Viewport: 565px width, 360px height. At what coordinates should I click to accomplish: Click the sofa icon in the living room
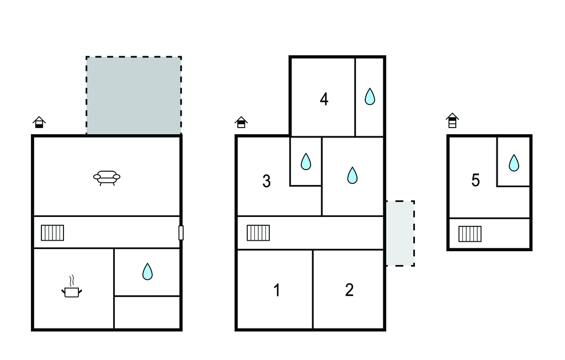[106, 178]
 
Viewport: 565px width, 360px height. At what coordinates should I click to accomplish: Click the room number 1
[277, 290]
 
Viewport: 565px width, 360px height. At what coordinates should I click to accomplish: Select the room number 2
[349, 290]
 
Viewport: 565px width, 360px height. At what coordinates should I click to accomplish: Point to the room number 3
[266, 181]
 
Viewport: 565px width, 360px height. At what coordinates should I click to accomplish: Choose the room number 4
[324, 99]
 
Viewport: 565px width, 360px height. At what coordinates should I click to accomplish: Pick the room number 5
[476, 180]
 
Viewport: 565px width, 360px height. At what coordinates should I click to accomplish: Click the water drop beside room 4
[370, 96]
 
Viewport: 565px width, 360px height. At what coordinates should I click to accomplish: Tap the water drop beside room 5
[514, 163]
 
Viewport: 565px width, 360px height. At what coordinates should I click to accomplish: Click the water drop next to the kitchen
[147, 272]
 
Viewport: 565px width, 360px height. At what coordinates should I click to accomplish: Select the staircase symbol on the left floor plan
[52, 232]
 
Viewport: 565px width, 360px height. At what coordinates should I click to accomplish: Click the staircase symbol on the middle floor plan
[258, 232]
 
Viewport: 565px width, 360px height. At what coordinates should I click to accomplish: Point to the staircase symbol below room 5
[470, 234]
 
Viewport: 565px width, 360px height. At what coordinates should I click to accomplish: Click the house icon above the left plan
[39, 122]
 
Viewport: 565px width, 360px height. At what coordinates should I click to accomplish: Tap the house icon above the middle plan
[241, 122]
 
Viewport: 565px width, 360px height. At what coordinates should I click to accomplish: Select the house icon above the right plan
[452, 120]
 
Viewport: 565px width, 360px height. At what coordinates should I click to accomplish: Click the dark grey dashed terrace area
[134, 95]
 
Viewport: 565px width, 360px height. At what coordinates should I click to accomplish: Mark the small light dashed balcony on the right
[401, 234]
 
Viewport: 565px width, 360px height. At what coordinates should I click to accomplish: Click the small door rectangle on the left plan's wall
[181, 232]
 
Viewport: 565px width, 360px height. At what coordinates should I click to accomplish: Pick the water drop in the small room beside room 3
[306, 161]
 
